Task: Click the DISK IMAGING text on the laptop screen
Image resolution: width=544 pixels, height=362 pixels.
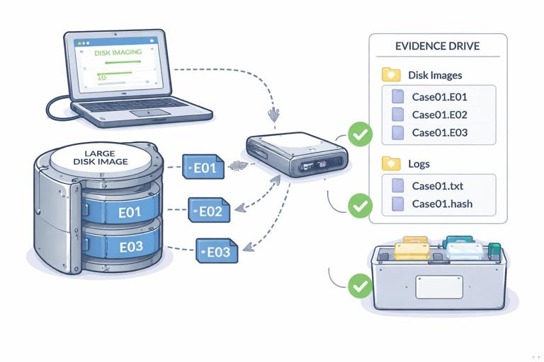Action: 118,52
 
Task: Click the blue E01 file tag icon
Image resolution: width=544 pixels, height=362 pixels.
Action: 203,168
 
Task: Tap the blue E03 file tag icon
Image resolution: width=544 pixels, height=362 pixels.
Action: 217,251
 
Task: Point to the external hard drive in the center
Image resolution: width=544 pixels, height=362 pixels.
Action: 297,155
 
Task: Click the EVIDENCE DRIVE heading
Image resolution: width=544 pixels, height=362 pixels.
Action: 437,47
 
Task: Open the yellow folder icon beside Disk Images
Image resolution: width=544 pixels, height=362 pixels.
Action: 391,75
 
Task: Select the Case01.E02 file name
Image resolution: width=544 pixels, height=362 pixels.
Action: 439,115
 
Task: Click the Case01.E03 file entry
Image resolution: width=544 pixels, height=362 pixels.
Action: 439,132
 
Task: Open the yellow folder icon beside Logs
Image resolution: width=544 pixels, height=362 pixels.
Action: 391,164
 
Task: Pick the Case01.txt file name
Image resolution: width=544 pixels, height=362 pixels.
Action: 437,187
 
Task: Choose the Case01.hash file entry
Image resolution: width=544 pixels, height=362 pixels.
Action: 442,204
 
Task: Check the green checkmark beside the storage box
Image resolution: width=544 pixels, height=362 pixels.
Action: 361,286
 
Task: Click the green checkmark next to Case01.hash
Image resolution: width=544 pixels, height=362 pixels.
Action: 361,206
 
